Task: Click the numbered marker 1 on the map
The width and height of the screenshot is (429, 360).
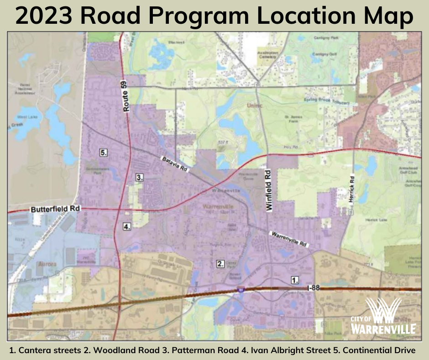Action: (x=295, y=280)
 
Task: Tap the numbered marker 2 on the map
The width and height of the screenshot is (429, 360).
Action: (x=220, y=264)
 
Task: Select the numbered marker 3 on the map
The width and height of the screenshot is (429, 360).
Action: (x=140, y=177)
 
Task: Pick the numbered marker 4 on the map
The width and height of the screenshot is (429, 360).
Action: (x=127, y=226)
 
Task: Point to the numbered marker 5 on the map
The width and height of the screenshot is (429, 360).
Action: (x=104, y=153)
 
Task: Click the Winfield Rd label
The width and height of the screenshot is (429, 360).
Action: (x=269, y=190)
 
